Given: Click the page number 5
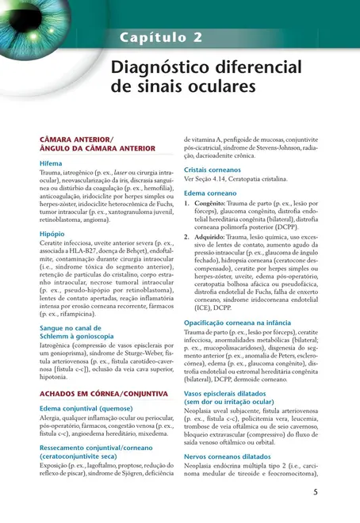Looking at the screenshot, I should (316, 492).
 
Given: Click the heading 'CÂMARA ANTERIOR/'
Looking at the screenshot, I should (76, 140).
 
